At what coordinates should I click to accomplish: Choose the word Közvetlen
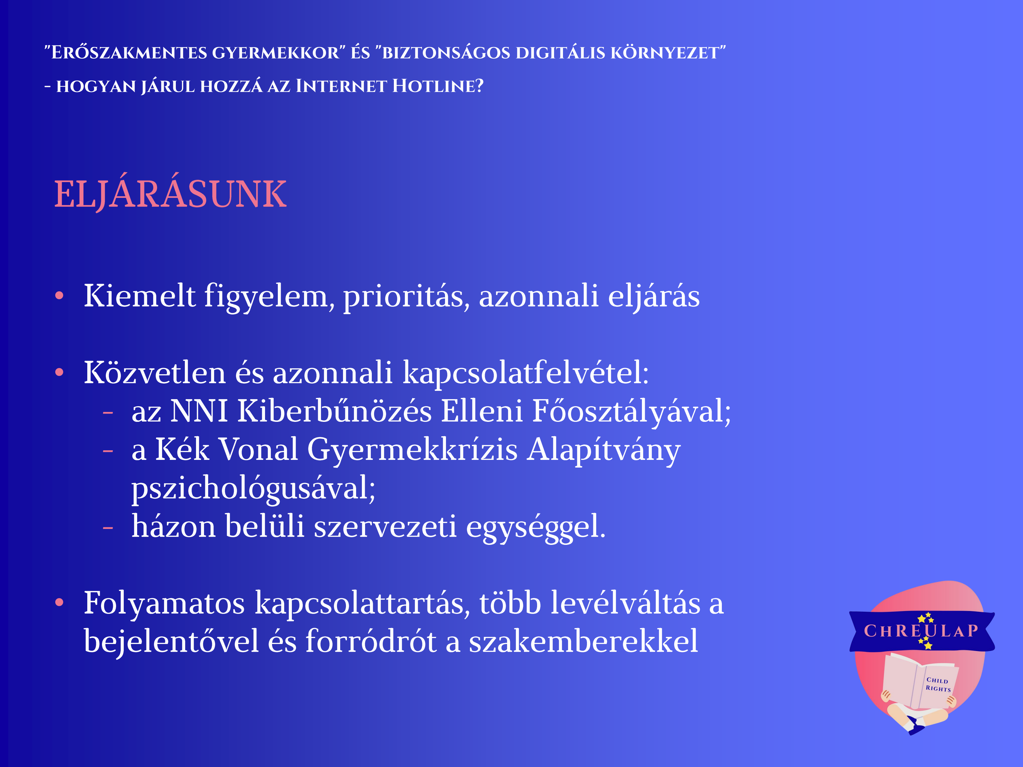pos(154,372)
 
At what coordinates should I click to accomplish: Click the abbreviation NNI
pos(199,411)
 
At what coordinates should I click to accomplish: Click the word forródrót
pos(371,641)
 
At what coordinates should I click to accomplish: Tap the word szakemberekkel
pos(584,641)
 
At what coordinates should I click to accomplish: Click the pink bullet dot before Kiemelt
pos(59,296)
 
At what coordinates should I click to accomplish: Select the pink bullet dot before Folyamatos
pos(59,602)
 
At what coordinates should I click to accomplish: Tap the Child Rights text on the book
pos(938,684)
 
